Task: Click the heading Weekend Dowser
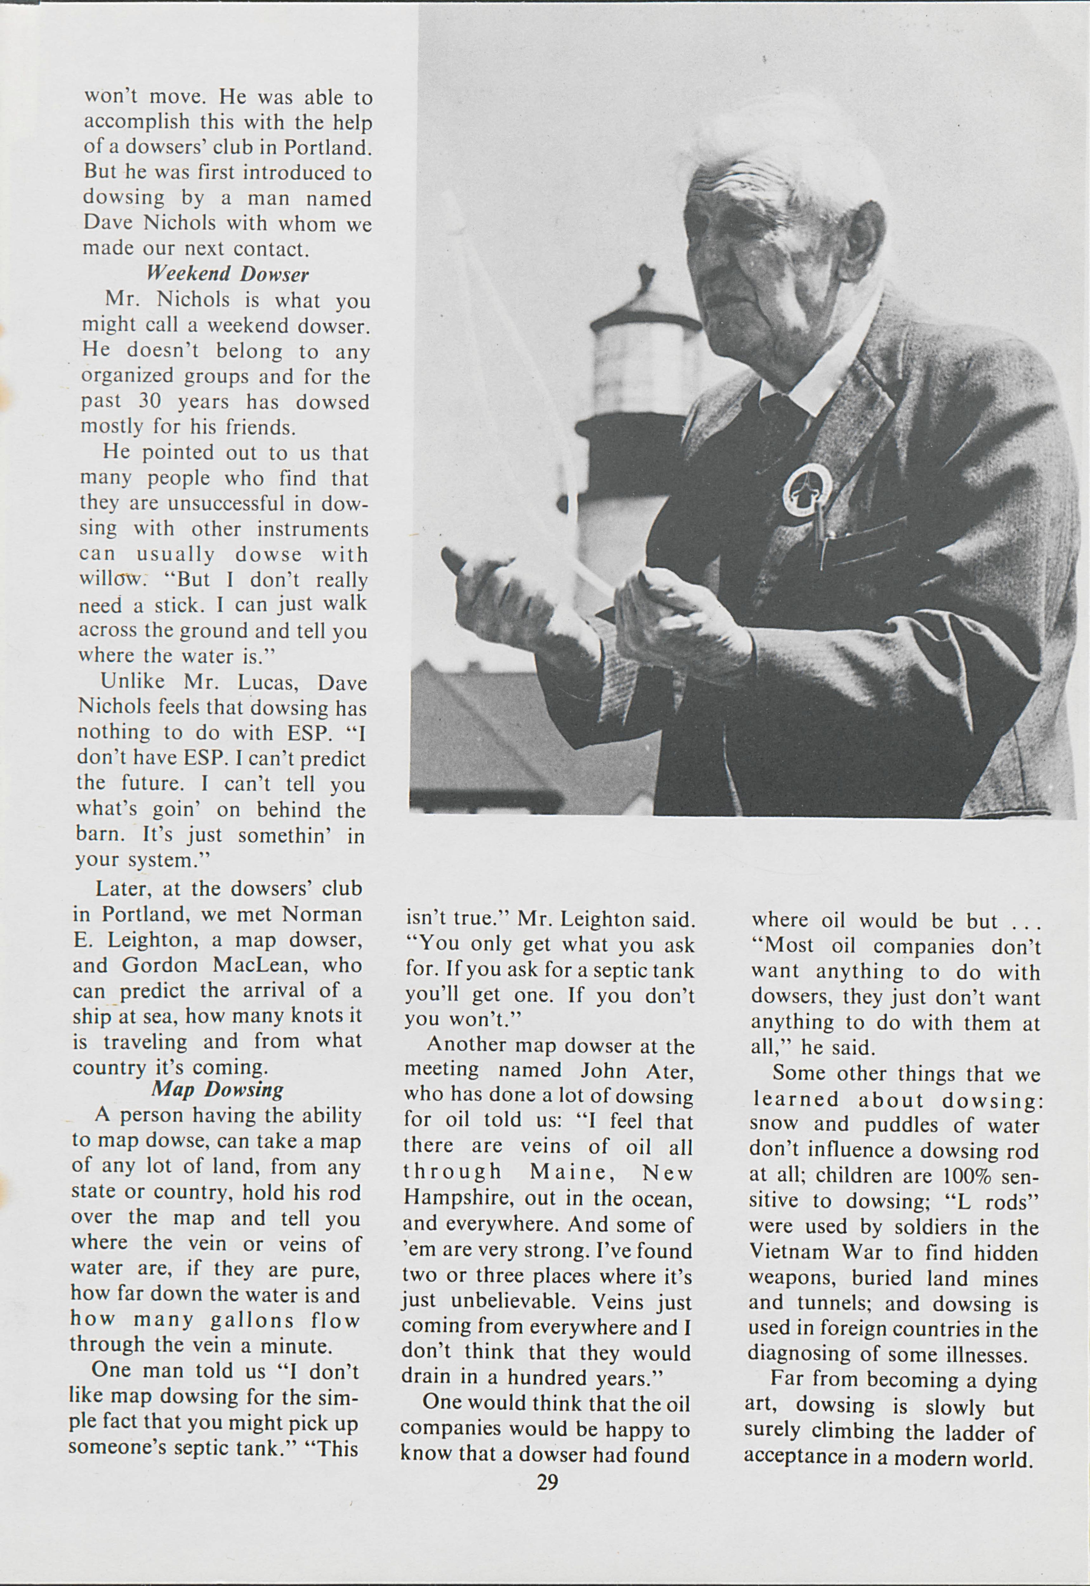pyautogui.click(x=227, y=274)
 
